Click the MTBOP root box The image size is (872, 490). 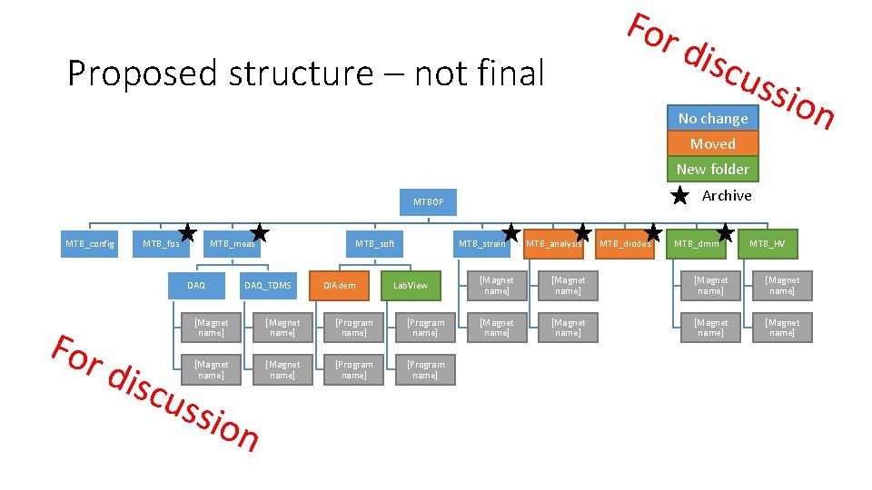(429, 201)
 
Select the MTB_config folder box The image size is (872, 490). (89, 243)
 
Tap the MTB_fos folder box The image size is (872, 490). (162, 243)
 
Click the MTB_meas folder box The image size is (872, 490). (233, 243)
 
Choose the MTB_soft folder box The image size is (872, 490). (374, 243)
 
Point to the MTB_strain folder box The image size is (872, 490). (482, 243)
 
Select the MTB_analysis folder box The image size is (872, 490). (553, 243)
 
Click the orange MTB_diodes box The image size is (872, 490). (625, 243)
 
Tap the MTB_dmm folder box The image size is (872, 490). (697, 243)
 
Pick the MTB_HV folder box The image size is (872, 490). (768, 243)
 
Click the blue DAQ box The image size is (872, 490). (196, 285)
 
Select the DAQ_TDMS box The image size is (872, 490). (268, 285)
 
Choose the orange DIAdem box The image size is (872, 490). (339, 285)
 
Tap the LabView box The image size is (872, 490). (410, 285)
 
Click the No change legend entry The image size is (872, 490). (713, 118)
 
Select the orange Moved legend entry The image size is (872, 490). (713, 143)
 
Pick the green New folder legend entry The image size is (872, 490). (713, 169)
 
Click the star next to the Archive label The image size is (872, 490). (679, 196)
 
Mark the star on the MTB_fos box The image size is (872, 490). (188, 233)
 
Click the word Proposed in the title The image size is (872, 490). (144, 73)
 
